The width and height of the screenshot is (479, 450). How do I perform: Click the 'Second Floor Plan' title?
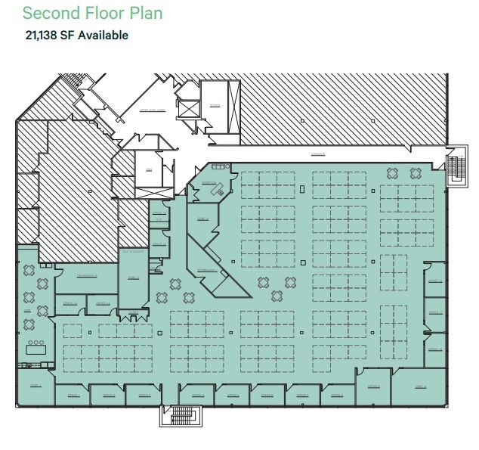(93, 14)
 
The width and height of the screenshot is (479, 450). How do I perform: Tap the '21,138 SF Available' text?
(77, 35)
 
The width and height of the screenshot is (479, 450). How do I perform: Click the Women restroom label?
(215, 106)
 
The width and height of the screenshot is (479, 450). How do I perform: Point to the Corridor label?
(318, 154)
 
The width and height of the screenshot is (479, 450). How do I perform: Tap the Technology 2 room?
(87, 278)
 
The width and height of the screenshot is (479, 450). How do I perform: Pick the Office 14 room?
(102, 304)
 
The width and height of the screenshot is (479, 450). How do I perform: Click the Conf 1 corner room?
(35, 386)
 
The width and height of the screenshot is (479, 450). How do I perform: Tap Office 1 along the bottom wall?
(73, 394)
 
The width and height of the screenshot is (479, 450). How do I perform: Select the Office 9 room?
(373, 386)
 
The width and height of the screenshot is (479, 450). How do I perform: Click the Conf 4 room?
(419, 386)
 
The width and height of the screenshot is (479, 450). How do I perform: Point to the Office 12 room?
(434, 281)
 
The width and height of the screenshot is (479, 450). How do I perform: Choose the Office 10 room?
(434, 349)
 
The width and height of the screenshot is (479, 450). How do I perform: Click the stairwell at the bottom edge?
(181, 416)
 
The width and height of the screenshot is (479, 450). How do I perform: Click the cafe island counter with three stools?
(36, 348)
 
